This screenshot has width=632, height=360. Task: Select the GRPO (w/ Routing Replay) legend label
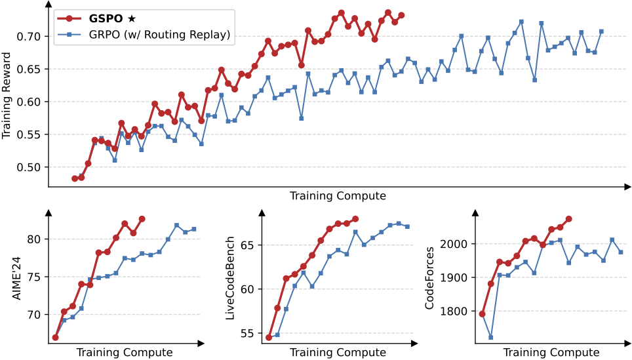point(160,34)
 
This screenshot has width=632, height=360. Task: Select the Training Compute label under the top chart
point(337,196)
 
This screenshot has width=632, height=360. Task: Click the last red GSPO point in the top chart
point(401,15)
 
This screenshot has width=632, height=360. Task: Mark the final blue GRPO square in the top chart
point(601,31)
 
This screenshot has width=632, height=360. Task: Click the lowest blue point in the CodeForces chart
point(490,337)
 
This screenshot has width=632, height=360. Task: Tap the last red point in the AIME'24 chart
point(142,219)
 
